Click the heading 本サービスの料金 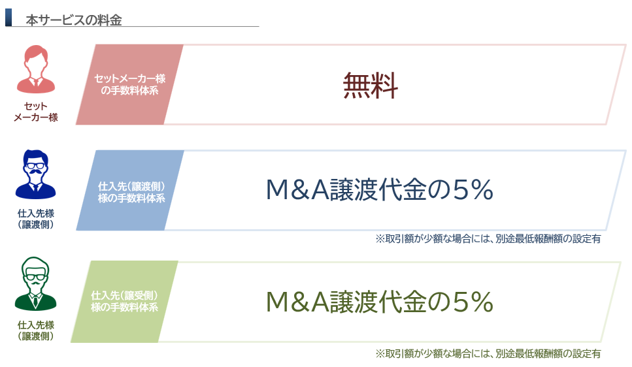click(x=74, y=20)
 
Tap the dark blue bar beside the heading click(x=8, y=18)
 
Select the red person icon click(x=36, y=69)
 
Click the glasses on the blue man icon click(x=36, y=166)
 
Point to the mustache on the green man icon click(x=36, y=283)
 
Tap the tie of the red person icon click(x=36, y=82)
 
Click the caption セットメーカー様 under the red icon click(x=36, y=112)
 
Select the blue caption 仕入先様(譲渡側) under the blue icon click(x=36, y=219)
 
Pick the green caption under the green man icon click(x=36, y=330)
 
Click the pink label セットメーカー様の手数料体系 click(x=130, y=84)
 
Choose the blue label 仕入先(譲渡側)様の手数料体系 click(x=131, y=192)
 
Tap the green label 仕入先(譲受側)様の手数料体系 click(x=125, y=301)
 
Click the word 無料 click(x=371, y=86)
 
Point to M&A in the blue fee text click(x=298, y=189)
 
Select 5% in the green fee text click(x=473, y=301)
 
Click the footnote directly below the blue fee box click(x=488, y=239)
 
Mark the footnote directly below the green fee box click(x=488, y=354)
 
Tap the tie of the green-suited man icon click(x=36, y=300)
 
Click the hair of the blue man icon click(x=36, y=156)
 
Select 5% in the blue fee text click(x=473, y=189)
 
